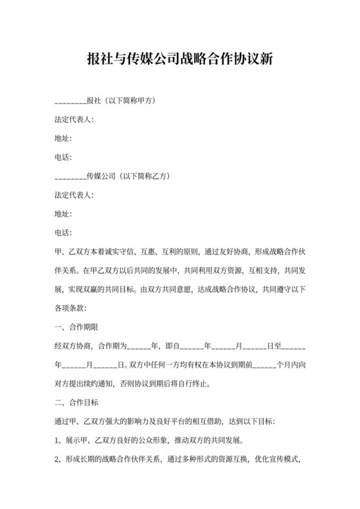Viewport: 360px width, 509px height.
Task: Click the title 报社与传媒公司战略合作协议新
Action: coord(180,61)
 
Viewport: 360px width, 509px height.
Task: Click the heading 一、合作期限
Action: coord(76,326)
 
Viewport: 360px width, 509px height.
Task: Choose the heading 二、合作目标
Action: coord(76,403)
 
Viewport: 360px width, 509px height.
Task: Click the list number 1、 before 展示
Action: coord(60,442)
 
